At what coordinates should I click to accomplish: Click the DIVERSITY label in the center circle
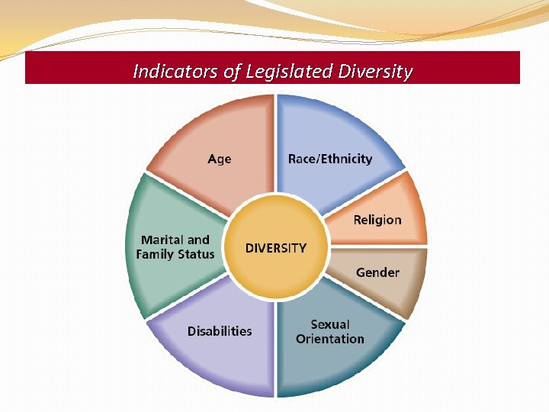[275, 248]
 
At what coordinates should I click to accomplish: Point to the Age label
[219, 159]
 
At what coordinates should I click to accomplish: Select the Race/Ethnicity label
[329, 159]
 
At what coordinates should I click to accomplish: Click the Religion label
[377, 220]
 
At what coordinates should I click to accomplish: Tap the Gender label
[377, 272]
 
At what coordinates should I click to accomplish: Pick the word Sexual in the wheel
[330, 324]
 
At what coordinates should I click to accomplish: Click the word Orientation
[329, 339]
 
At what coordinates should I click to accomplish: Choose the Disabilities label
[220, 331]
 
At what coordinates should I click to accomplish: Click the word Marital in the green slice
[165, 240]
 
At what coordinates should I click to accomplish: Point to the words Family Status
[175, 254]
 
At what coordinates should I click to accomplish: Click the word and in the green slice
[199, 240]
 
